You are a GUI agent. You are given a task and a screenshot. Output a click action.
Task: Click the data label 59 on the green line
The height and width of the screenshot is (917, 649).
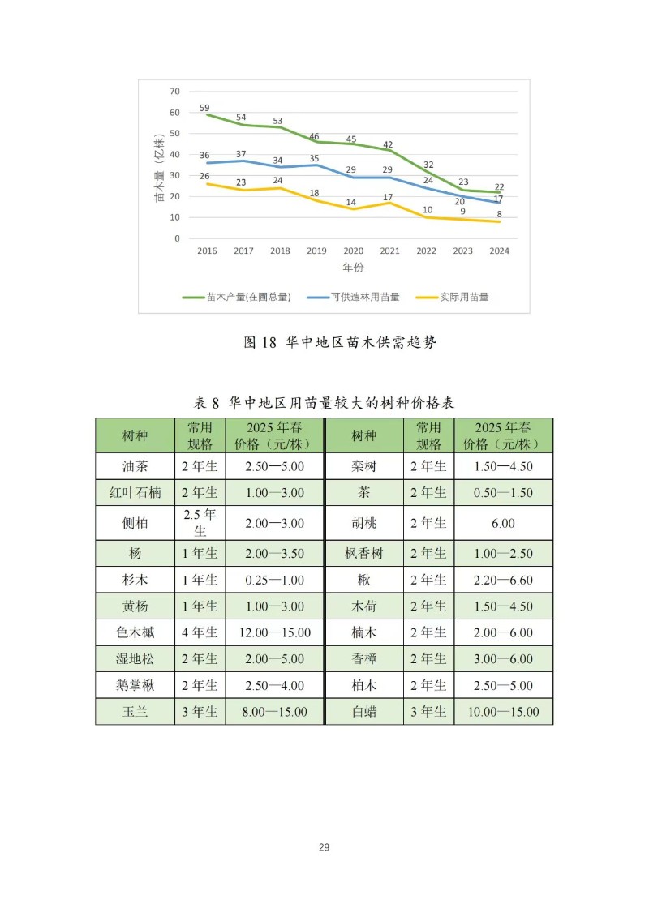[204, 108]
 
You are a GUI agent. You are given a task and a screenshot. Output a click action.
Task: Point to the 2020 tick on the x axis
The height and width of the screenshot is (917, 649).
[353, 251]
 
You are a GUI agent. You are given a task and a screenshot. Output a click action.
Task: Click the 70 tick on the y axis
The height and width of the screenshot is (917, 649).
[174, 92]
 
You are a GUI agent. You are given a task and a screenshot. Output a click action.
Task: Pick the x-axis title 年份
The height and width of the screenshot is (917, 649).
[353, 267]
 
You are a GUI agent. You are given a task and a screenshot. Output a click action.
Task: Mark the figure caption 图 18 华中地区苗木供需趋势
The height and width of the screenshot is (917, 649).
[340, 342]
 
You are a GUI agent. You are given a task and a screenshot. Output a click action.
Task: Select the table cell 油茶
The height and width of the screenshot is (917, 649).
[135, 466]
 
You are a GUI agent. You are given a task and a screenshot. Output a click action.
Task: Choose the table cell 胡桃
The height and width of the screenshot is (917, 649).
[363, 523]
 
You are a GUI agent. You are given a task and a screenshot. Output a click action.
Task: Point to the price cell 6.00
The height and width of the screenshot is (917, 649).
[503, 523]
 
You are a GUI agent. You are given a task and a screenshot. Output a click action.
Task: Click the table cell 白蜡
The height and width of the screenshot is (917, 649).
[363, 712]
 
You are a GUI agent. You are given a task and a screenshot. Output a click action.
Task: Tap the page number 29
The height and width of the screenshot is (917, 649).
[324, 847]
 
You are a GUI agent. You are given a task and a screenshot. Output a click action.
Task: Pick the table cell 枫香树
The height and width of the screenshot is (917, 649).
[363, 553]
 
